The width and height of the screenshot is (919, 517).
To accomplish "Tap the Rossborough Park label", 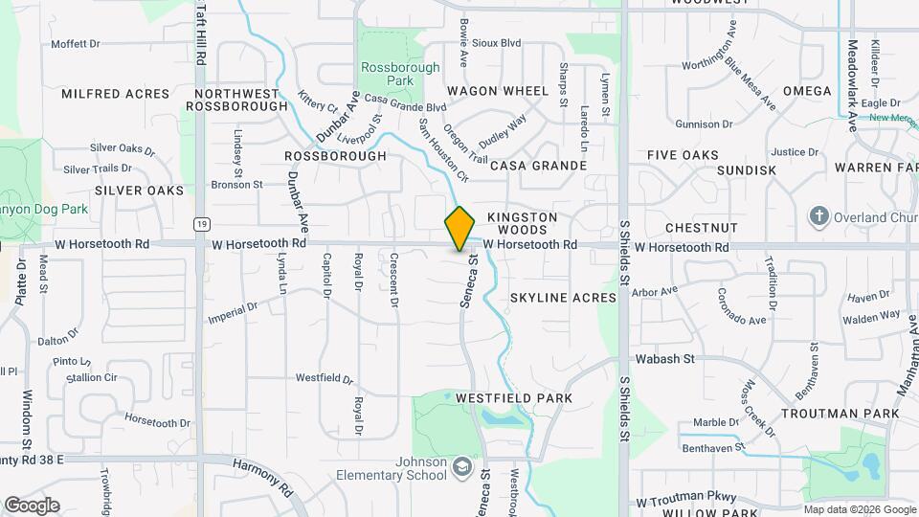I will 400,75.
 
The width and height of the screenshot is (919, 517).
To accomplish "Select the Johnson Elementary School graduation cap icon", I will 463,466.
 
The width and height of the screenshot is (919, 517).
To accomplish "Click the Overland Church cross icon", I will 818,216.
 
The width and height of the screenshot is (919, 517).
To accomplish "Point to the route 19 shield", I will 200,224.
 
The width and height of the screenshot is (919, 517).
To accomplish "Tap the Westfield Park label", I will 513,397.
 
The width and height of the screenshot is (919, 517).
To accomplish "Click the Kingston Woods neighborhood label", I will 522,223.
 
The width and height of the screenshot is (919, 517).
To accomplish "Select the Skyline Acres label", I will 563,298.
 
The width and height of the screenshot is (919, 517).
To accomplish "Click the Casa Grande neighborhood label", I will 538,166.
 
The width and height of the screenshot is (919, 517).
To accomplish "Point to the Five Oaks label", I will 683,155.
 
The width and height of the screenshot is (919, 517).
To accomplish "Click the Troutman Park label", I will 840,414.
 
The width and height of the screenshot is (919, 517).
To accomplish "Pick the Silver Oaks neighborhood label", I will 139,191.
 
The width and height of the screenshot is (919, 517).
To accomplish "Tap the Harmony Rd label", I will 274,475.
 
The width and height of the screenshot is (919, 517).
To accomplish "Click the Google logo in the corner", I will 31,506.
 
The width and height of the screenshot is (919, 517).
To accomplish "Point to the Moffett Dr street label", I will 76,44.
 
